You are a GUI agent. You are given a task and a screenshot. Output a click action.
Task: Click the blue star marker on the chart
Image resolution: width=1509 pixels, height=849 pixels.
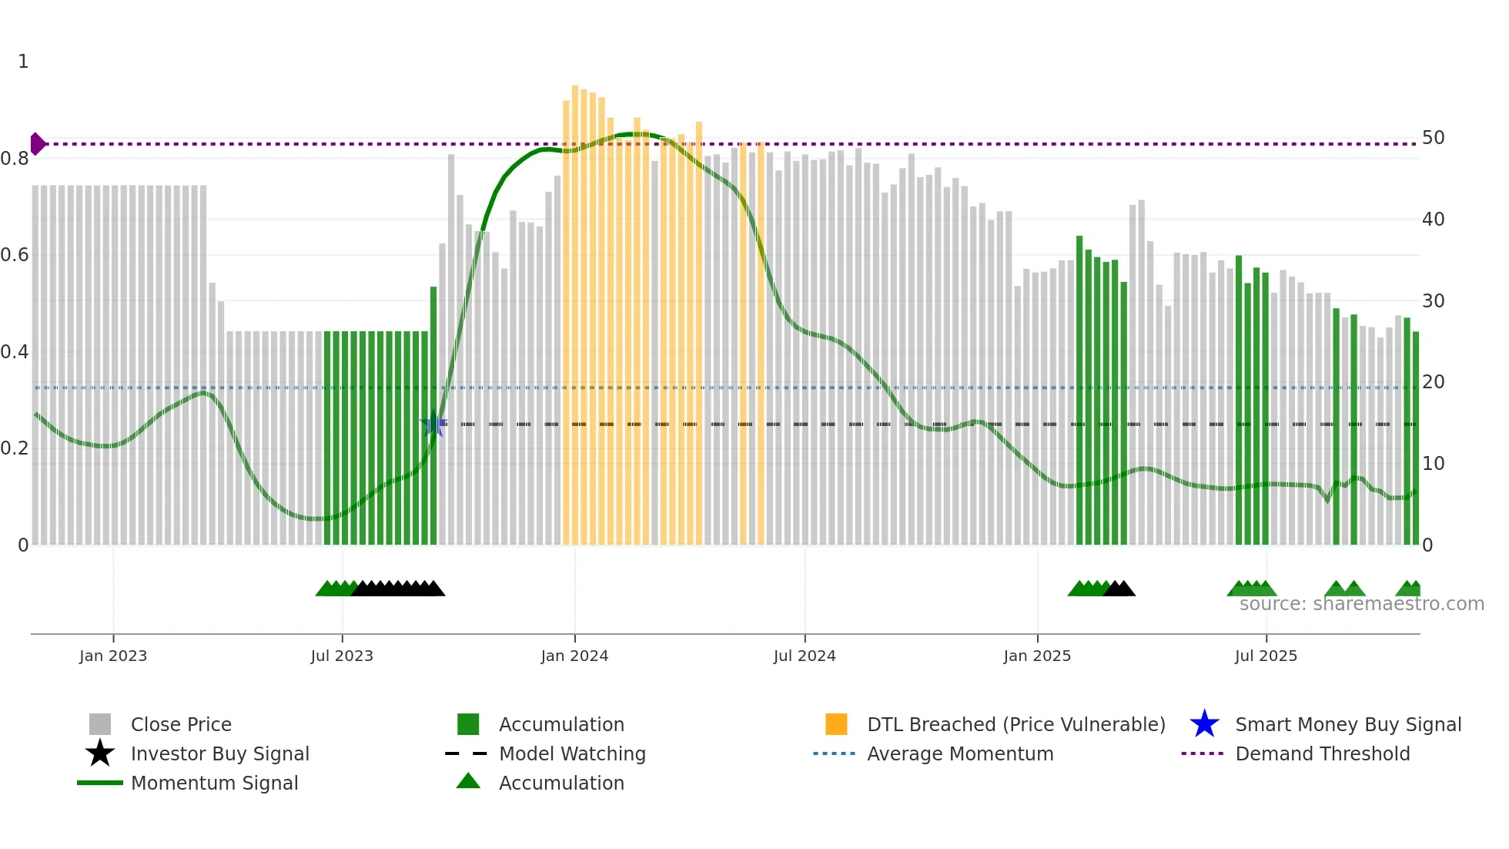(x=433, y=424)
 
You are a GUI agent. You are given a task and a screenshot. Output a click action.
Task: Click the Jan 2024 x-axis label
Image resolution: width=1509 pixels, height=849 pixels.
(x=574, y=656)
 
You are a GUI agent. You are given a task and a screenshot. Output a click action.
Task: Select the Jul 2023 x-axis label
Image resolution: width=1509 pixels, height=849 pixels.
(x=342, y=656)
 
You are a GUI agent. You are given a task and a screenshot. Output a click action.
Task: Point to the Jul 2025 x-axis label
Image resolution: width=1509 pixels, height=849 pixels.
(x=1266, y=656)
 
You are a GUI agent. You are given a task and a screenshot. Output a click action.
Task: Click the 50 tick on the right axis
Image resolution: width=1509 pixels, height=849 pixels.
(x=1433, y=138)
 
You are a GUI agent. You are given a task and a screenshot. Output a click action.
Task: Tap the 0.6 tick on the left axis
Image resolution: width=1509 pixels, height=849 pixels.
(x=15, y=255)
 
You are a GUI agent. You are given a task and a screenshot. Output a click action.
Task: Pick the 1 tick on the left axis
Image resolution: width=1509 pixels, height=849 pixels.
(x=23, y=62)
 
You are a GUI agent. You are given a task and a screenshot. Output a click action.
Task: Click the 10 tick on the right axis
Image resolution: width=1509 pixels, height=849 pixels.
(x=1433, y=464)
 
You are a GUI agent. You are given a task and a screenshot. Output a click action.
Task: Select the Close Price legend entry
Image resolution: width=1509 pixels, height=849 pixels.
(x=181, y=724)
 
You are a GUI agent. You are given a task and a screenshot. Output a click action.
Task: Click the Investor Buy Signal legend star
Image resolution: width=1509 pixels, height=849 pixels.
(x=100, y=753)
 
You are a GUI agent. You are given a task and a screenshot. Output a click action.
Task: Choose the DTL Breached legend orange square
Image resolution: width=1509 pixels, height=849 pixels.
(x=836, y=724)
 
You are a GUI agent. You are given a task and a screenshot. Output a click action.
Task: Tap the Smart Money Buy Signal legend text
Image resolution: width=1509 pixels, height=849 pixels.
(x=1347, y=724)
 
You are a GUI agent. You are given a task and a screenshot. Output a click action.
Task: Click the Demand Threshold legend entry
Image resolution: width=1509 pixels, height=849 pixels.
(x=1322, y=753)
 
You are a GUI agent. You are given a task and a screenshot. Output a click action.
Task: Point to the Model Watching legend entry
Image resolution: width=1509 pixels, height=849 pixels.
(x=571, y=753)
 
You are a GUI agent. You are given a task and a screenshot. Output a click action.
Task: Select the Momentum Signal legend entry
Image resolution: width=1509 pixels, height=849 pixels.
(x=214, y=783)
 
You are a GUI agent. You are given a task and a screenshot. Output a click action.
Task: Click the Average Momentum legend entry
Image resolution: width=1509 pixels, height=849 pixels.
(x=959, y=753)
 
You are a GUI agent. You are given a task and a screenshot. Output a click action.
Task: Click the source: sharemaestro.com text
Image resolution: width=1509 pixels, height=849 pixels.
(x=1361, y=604)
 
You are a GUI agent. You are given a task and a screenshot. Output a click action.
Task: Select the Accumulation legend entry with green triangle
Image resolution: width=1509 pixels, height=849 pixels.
(x=560, y=783)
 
